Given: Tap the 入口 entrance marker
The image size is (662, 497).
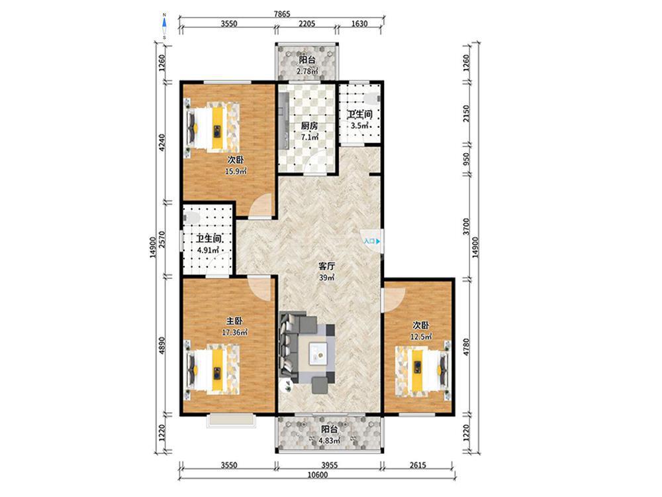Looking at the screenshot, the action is point(372,241).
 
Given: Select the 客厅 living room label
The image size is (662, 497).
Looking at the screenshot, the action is point(326,266).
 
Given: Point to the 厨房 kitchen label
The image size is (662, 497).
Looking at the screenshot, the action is point(309,125).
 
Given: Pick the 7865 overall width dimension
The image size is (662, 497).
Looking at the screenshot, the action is point(282,14).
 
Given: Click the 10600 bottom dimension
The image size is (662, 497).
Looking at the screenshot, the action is point(318,474).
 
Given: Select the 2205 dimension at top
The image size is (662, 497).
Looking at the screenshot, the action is point(307,24).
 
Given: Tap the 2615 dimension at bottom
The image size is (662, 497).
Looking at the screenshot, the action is point(418,465).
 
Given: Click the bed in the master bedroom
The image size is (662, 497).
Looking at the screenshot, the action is point(213,370).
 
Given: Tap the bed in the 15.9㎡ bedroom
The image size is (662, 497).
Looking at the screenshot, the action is point(213,125).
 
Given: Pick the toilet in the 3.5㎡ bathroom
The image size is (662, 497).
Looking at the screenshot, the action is point(372,98).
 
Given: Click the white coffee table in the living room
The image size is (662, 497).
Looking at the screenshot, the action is point(318,353).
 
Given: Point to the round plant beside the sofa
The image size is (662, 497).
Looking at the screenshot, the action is point(288,384).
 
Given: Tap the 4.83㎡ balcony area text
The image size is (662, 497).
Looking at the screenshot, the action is point(329,441).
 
